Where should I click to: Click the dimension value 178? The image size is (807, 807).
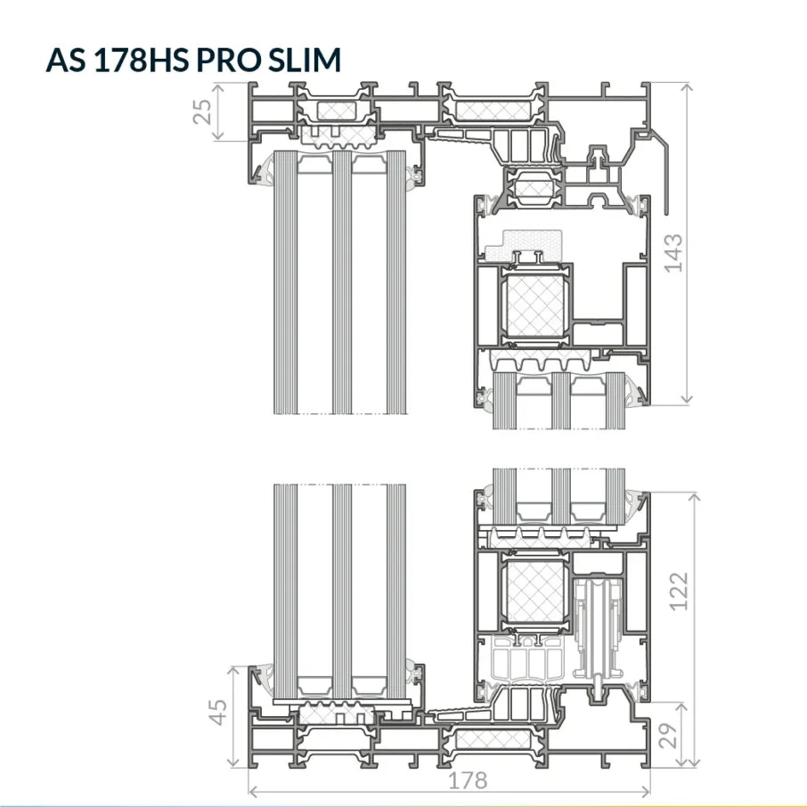(x=468, y=780)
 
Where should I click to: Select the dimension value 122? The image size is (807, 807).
(x=679, y=591)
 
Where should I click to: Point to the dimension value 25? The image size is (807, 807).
(x=202, y=111)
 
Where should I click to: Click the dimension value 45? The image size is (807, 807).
(x=218, y=713)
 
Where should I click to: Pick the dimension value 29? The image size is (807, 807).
(x=667, y=736)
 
